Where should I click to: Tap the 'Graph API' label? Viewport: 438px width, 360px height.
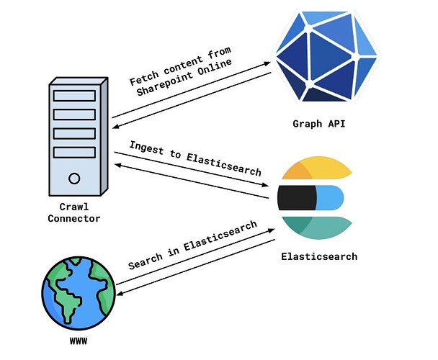[318, 123]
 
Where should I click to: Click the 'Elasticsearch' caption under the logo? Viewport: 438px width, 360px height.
[318, 256]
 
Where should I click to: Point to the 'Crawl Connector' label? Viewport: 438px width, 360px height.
[74, 212]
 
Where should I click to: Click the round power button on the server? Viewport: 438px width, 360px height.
[74, 178]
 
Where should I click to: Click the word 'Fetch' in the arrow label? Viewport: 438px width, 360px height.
[144, 79]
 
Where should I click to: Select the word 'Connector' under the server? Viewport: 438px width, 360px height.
[74, 218]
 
